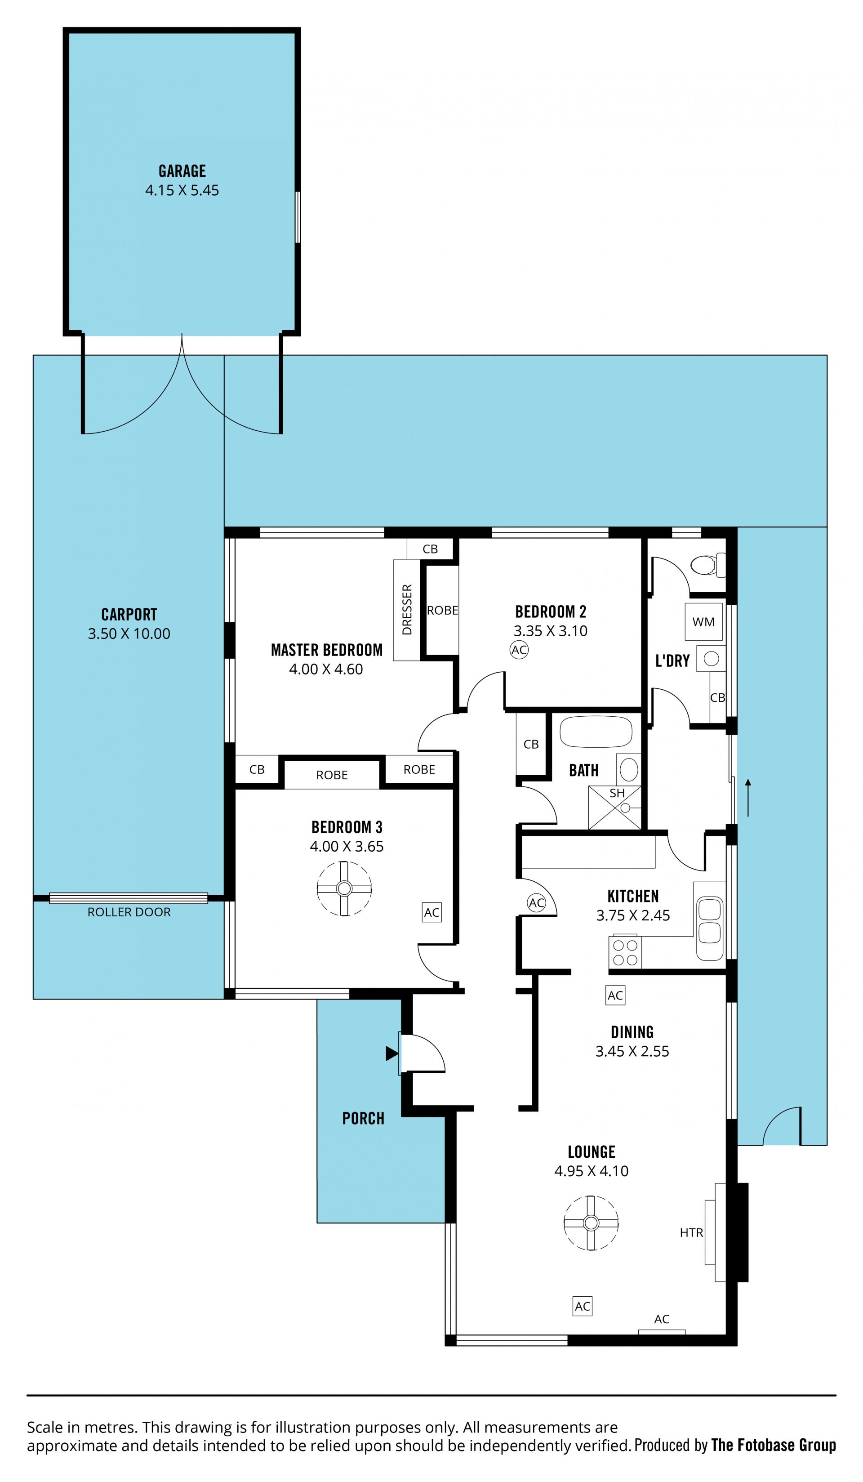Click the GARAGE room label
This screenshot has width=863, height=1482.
182,171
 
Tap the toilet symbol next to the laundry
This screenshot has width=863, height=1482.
707,565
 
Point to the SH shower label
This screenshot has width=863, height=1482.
617,793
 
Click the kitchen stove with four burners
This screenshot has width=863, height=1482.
625,952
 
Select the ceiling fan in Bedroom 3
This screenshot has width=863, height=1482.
344,888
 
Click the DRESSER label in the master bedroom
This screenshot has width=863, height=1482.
407,610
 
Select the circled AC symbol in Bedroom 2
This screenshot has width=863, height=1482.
519,650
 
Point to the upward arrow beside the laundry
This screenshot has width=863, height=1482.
748,798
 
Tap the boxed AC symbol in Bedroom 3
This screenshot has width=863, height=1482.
431,912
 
